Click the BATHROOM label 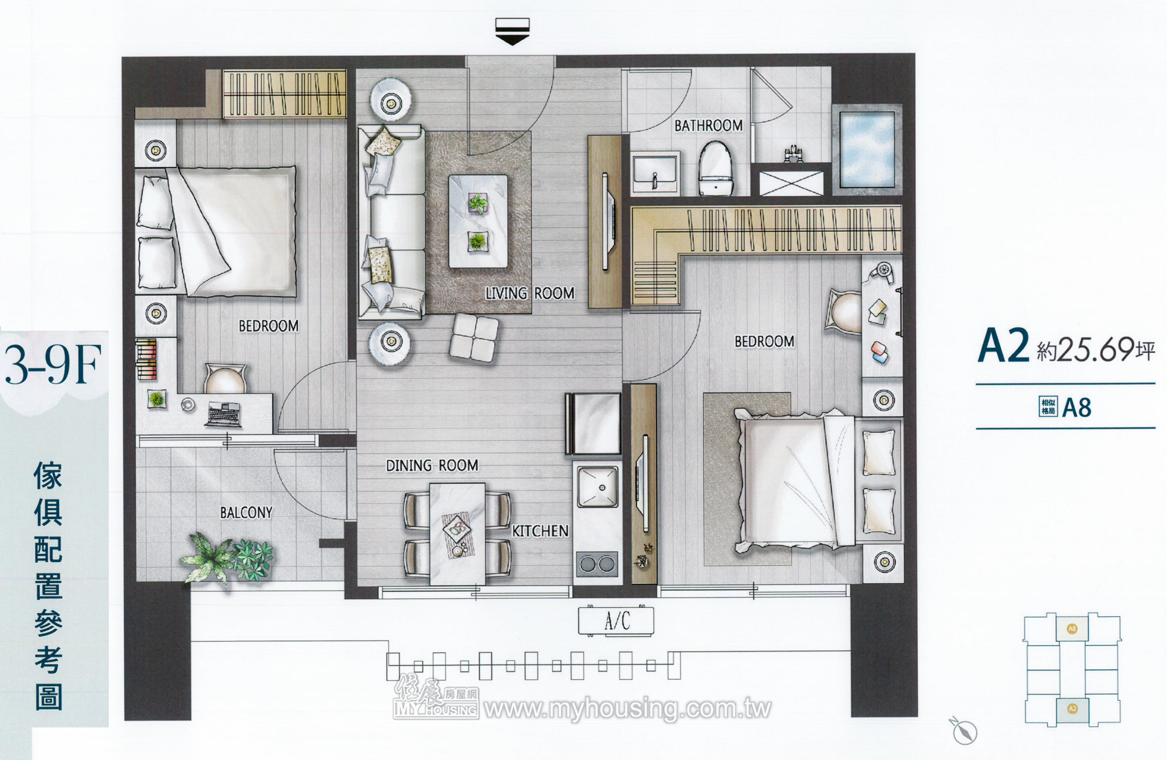708,126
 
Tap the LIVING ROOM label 530,293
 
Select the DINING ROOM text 432,465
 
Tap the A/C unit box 616,621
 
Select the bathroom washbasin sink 655,172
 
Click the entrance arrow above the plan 512,31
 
